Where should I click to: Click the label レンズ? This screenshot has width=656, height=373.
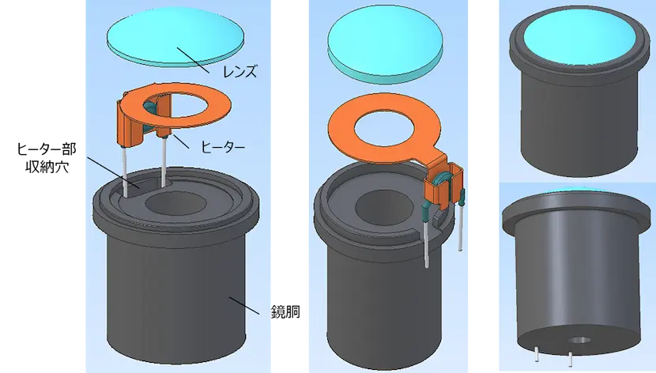240,72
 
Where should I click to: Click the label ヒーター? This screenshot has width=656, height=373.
224,147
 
